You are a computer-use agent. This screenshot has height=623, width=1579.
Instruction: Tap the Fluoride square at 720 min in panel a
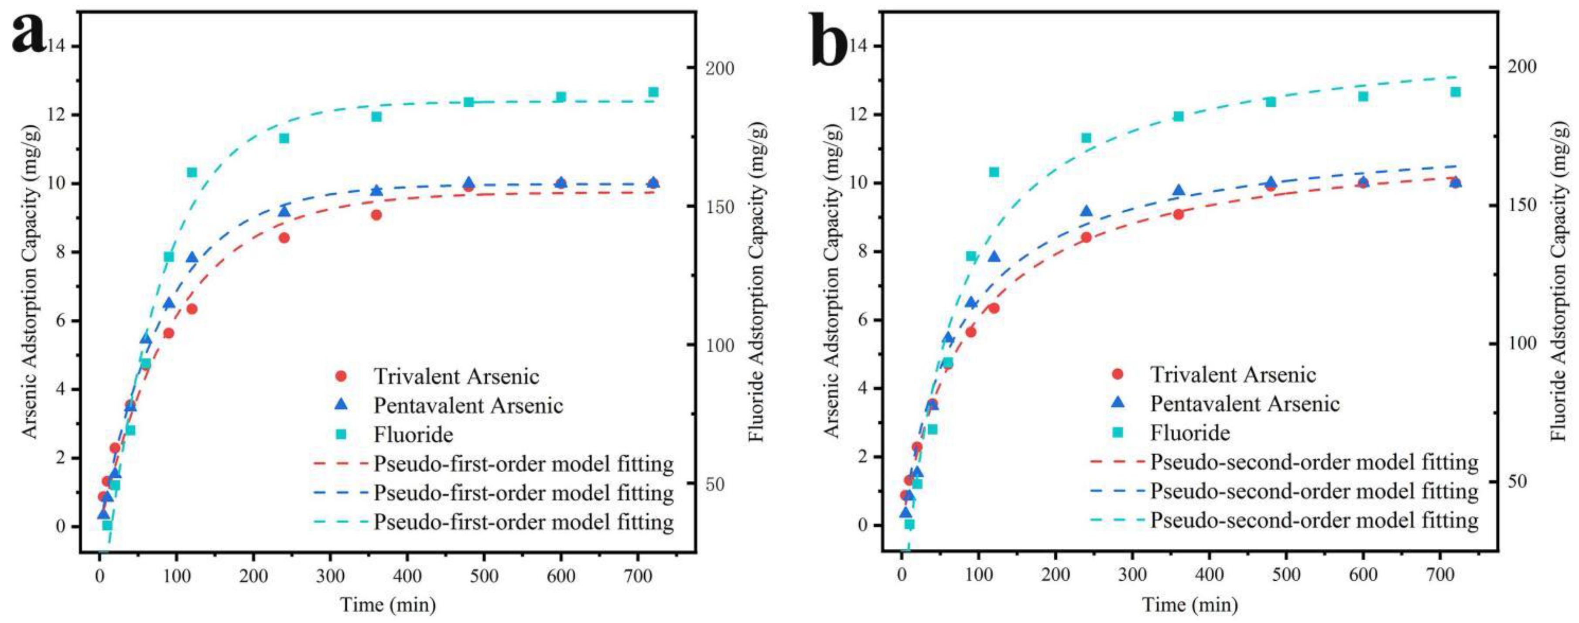[x=653, y=92]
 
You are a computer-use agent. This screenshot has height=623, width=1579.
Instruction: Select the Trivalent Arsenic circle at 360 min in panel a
[x=376, y=215]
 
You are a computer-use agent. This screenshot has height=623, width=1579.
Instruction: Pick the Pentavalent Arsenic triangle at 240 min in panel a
[x=284, y=211]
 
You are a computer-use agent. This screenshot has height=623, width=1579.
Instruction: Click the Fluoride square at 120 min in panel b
[x=994, y=172]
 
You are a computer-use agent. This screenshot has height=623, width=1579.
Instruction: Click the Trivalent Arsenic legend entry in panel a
[x=456, y=376]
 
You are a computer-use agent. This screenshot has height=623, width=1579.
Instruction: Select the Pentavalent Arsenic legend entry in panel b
[x=1244, y=403]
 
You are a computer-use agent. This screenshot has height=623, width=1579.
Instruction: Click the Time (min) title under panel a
[x=388, y=605]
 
